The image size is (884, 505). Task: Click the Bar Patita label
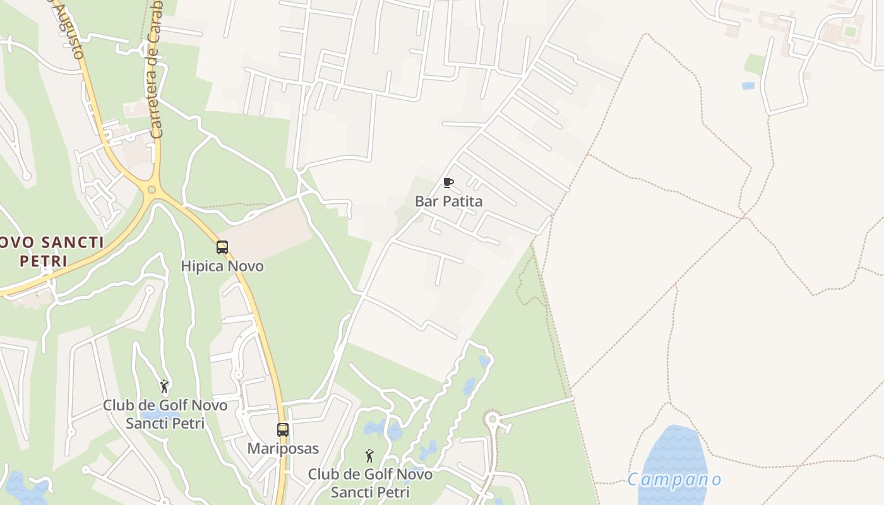(448, 201)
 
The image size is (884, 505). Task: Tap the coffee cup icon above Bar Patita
(448, 183)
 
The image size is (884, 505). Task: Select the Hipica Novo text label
(222, 266)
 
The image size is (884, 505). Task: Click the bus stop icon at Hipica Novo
(222, 247)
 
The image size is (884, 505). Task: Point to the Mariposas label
(283, 449)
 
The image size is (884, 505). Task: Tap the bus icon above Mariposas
(283, 430)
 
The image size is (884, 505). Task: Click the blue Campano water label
(674, 480)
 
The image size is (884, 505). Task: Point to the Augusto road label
(71, 28)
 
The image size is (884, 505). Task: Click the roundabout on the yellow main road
(152, 190)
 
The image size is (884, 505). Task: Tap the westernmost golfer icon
(165, 386)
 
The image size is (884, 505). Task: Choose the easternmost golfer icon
(370, 455)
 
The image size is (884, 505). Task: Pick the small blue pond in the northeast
(748, 86)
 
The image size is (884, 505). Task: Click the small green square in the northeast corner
(851, 31)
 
